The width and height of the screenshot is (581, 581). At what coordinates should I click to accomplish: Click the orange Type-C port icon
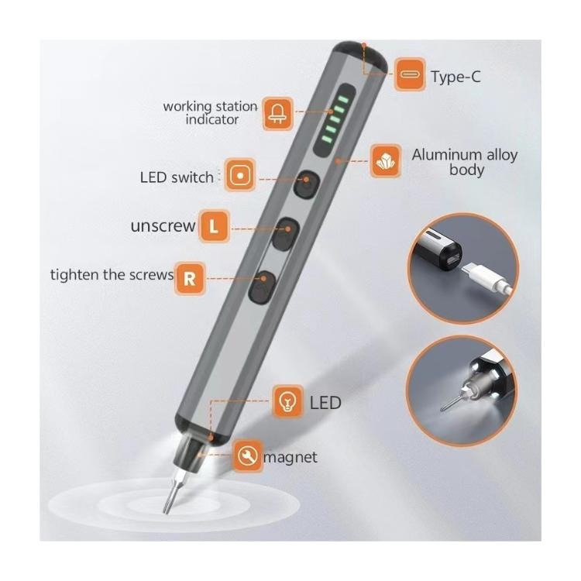coord(410,74)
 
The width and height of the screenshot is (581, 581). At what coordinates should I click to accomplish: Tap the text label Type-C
coord(456,77)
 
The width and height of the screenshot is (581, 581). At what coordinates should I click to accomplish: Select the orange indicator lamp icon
coord(278,114)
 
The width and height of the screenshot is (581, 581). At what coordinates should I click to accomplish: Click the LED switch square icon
coord(240,175)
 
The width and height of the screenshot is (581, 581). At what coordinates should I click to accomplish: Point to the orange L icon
coord(214,226)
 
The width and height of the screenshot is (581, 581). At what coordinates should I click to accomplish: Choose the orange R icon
coord(189,279)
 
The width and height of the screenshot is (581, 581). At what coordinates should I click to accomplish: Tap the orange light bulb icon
coord(288,401)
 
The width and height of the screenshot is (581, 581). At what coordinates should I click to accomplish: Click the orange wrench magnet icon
coord(248,456)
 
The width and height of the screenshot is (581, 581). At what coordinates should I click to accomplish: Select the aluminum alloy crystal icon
coord(386,161)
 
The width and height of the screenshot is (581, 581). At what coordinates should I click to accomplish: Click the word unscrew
coord(163,225)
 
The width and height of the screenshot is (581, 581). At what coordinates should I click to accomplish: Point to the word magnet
coord(290,458)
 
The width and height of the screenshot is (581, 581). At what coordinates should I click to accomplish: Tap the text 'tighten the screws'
coord(112,275)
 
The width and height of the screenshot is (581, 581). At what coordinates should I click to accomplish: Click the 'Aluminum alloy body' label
coord(465,163)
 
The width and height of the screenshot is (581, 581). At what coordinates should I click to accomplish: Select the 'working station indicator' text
coord(211,113)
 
